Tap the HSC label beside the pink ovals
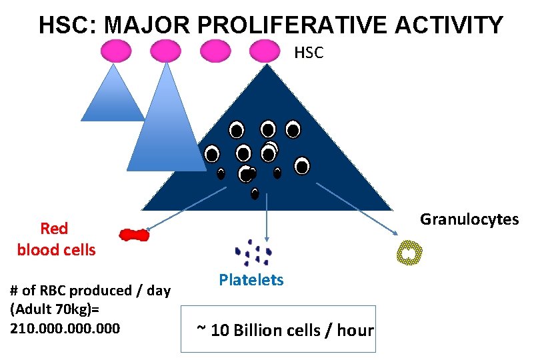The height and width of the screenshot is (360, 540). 309,53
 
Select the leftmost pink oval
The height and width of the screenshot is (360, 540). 117,51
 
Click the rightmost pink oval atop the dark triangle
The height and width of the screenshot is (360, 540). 265,51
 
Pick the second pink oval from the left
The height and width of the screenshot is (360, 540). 165,51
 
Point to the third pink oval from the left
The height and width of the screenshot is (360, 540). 215,51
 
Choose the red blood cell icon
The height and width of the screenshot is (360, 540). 134,235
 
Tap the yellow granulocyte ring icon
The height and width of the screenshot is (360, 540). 409,253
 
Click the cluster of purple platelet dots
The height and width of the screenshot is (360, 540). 254,251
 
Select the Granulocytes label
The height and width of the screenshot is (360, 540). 469,219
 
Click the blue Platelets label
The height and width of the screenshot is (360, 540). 251,280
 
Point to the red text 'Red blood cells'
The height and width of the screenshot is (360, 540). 56,239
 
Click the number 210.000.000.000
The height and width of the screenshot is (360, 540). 65,328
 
